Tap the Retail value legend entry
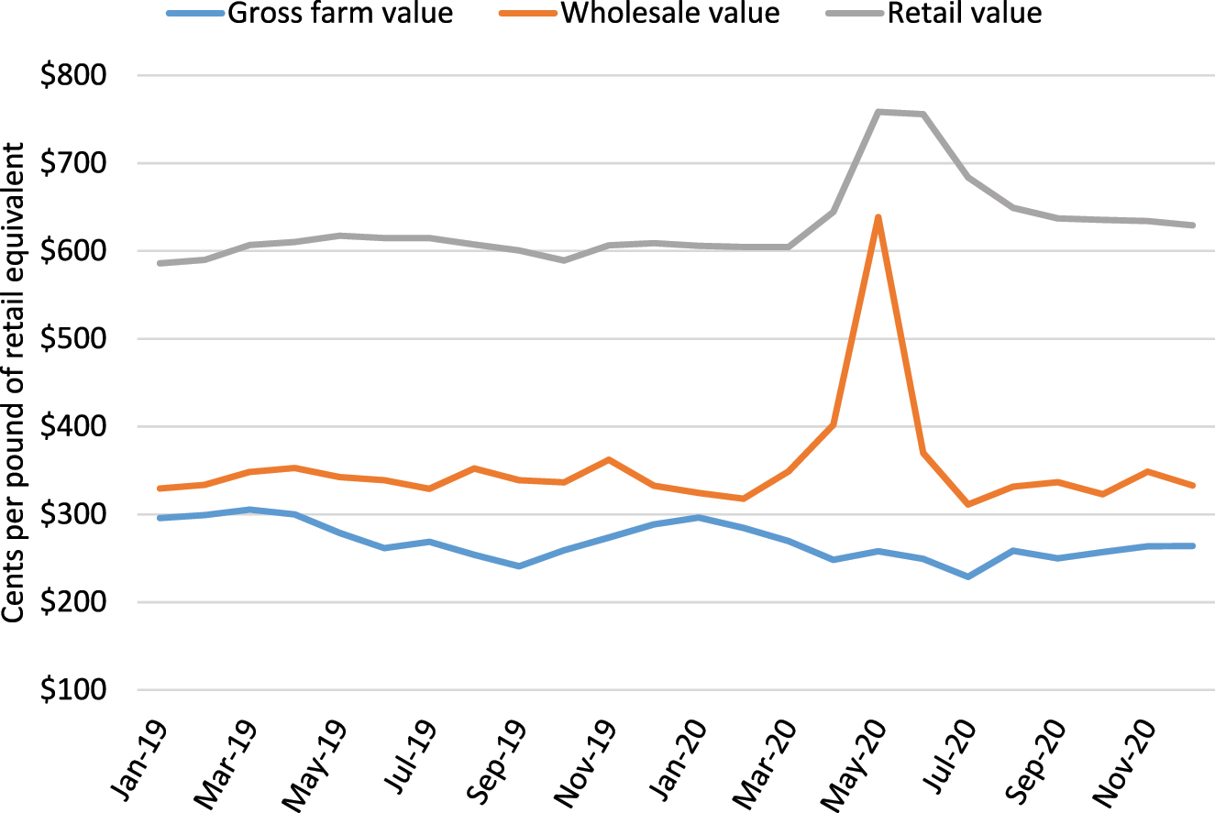tap(964, 14)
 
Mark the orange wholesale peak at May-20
tap(878, 217)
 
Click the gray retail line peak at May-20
tap(878, 112)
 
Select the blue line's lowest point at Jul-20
tap(968, 577)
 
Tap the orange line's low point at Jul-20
tap(968, 504)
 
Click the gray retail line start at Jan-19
tap(160, 263)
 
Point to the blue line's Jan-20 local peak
tap(699, 517)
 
